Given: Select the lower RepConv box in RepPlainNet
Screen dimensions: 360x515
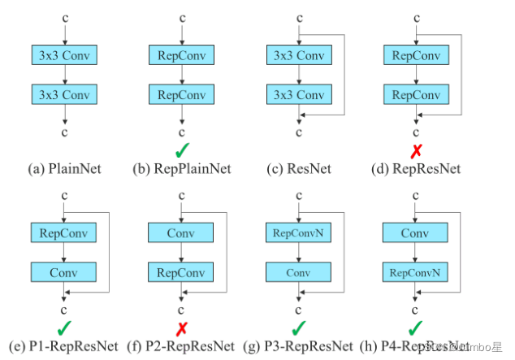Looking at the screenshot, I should point(181,94).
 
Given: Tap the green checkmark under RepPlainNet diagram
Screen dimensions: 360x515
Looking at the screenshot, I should point(182,150).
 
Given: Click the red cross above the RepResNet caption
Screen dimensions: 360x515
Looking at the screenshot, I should point(417,150).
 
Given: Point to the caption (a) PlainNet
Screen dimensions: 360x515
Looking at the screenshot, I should point(64,169).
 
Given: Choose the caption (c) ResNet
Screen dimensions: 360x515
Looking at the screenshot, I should point(299,169).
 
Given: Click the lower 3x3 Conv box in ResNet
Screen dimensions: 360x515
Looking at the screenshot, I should point(298,94).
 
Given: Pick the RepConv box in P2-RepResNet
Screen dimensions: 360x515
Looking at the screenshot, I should point(181,271).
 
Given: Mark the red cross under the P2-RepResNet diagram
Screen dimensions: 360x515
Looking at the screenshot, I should point(182,327).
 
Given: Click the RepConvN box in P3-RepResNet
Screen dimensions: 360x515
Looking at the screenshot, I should point(298,233).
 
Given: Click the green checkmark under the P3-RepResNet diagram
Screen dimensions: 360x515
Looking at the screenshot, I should point(300,327).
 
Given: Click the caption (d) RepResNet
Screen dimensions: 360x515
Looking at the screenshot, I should point(417,169).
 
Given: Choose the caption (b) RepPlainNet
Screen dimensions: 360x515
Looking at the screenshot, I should point(182,169).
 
